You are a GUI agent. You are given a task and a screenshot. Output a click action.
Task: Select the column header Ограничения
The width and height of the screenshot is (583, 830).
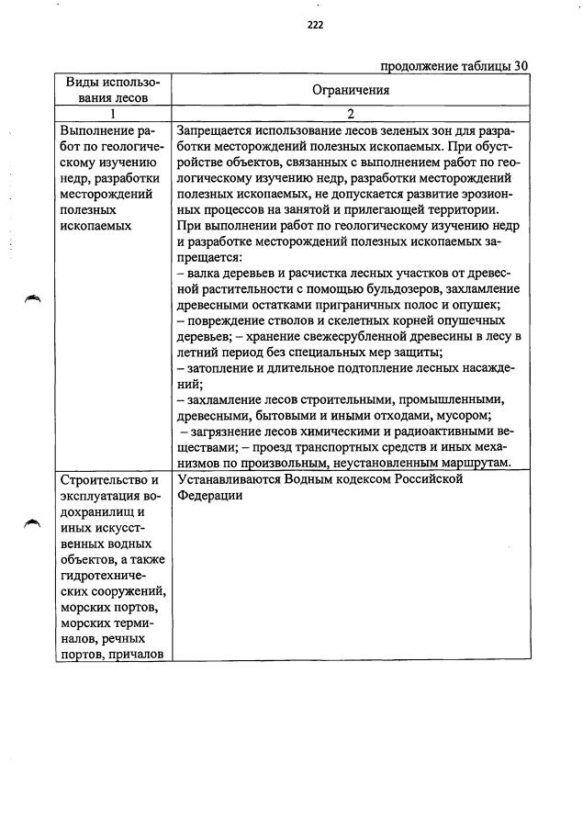(351, 90)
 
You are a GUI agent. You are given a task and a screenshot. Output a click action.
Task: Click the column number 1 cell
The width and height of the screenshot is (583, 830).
(113, 114)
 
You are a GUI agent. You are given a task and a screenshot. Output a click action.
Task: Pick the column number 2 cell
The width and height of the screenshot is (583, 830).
(351, 114)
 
